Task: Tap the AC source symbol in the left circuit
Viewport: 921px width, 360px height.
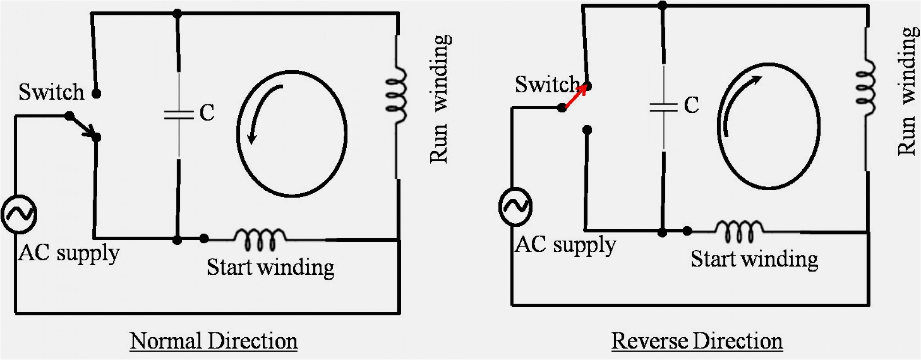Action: pyautogui.click(x=19, y=214)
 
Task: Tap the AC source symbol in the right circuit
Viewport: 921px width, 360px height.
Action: pyautogui.click(x=516, y=207)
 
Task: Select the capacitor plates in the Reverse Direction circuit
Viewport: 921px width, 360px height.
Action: pyautogui.click(x=663, y=107)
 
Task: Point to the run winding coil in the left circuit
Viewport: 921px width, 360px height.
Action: pyautogui.click(x=396, y=95)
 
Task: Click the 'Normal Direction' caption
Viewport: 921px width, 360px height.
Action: pyautogui.click(x=213, y=341)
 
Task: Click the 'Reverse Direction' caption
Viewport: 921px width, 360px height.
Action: pyautogui.click(x=697, y=341)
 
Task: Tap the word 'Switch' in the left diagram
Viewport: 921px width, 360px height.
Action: pyautogui.click(x=51, y=92)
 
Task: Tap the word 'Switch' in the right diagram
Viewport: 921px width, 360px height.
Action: pyautogui.click(x=547, y=84)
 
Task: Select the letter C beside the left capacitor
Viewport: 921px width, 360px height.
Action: pyautogui.click(x=207, y=113)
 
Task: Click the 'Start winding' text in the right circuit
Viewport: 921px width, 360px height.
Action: pyautogui.click(x=754, y=259)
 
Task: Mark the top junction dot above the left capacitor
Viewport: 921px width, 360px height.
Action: pyautogui.click(x=177, y=14)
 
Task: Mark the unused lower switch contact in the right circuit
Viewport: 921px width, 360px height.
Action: pyautogui.click(x=588, y=129)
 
